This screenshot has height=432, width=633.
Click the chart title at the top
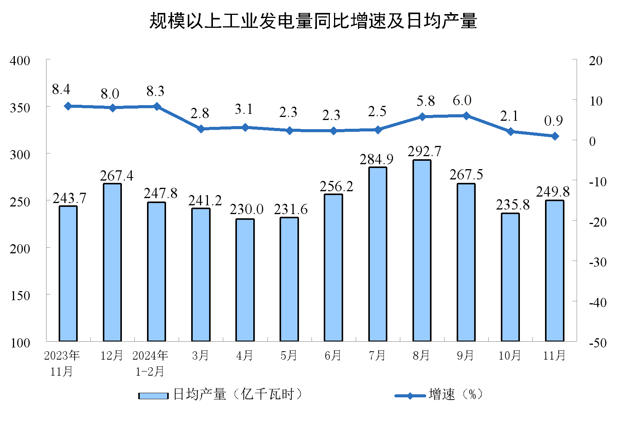[313, 21]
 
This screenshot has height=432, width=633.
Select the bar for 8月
[422, 250]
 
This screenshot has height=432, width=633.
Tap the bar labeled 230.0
[245, 280]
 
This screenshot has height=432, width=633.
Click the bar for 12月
[112, 262]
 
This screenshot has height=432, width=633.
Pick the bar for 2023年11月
[68, 274]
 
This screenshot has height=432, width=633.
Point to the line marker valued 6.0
[466, 116]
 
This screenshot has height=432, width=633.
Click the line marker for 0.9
[555, 136]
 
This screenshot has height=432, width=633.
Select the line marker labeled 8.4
[68, 106]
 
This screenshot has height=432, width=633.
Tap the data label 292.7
[424, 152]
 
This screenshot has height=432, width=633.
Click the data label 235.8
[513, 205]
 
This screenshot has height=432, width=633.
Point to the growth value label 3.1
[244, 109]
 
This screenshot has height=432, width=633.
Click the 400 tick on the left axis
[20, 61]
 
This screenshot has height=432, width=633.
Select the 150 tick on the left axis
[20, 296]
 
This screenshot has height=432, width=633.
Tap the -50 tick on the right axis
[598, 343]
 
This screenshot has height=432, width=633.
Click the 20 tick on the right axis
[596, 61]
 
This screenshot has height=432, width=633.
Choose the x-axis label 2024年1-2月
[150, 363]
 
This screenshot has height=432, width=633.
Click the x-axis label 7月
[377, 355]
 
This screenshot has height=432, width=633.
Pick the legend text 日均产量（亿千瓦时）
[238, 394]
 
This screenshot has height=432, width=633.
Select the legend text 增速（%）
[456, 394]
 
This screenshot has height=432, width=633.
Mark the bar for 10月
[510, 277]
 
